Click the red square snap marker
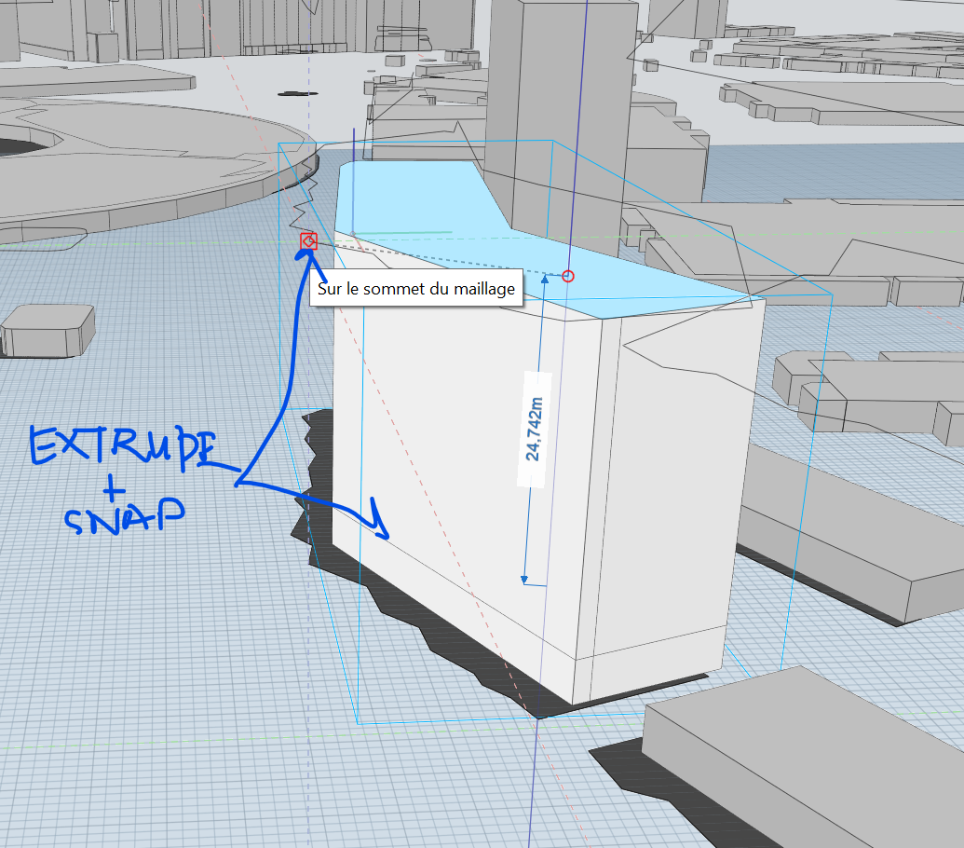pos(308,241)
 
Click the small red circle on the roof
pos(568,276)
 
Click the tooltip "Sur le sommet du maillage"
pos(416,289)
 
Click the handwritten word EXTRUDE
pos(121,446)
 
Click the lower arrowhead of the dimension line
pos(524,578)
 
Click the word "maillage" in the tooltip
pos(483,289)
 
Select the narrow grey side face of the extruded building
pos(661,485)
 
